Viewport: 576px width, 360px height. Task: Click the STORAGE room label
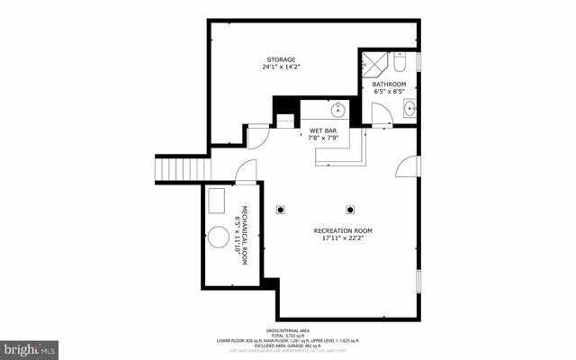280,59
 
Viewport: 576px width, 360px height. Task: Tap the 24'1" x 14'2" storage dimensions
280,67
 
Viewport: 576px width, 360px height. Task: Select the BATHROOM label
390,84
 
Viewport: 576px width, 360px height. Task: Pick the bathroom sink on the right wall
410,109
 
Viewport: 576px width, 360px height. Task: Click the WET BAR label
323,130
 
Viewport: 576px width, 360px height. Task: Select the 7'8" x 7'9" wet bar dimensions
323,139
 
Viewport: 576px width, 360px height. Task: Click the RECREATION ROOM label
343,230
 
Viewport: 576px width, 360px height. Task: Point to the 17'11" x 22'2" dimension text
343,238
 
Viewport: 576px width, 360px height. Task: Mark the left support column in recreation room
281,210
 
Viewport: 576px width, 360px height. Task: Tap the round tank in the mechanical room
220,238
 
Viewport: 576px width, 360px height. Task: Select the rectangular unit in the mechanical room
218,198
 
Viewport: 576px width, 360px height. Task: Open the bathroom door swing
381,114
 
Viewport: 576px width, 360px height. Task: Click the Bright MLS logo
30,347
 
